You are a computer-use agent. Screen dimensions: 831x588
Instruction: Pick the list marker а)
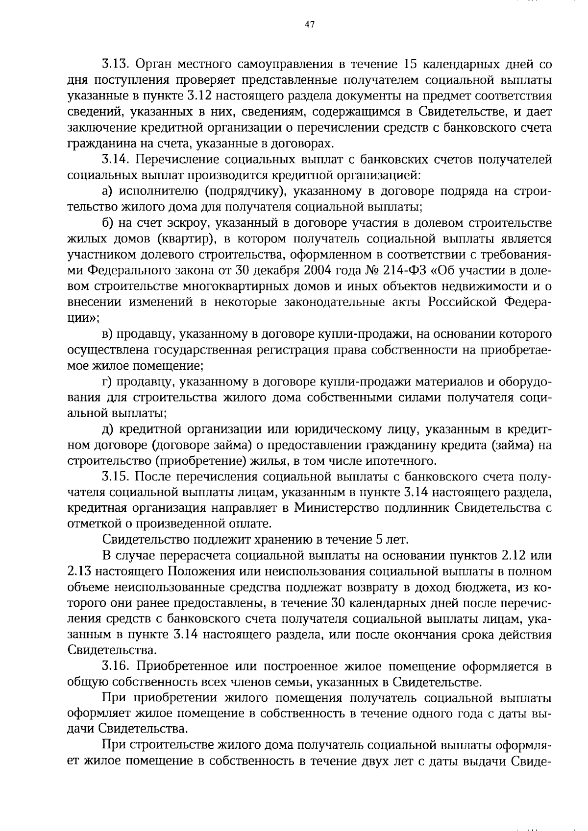click(108, 191)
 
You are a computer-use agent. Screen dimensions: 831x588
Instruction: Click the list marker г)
click(107, 382)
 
